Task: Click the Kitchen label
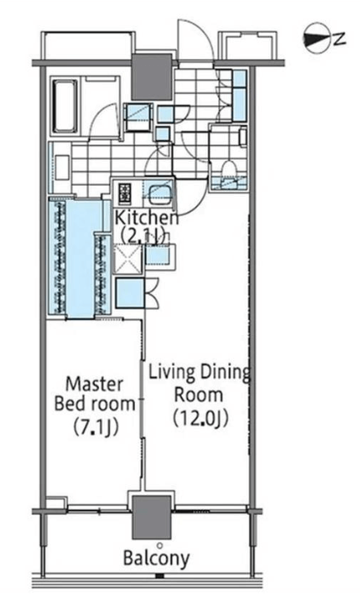[x=147, y=217]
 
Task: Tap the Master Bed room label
[x=95, y=393]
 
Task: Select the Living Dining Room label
[x=199, y=383]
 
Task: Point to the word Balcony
[x=156, y=558]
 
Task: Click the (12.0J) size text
[x=201, y=418]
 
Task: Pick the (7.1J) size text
[x=95, y=427]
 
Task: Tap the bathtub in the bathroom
[x=65, y=107]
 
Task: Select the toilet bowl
[x=229, y=168]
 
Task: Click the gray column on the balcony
[x=151, y=517]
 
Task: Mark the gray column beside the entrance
[x=151, y=77]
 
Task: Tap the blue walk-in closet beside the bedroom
[x=80, y=257]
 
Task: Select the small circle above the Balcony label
[x=159, y=545]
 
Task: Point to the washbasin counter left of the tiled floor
[x=62, y=167]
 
